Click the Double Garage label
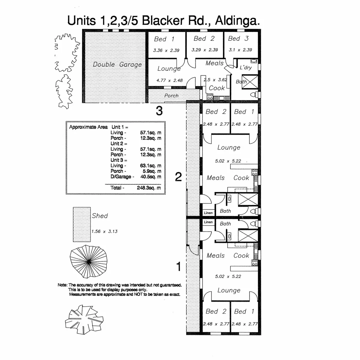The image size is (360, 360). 117,64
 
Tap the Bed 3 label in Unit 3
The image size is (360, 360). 238,39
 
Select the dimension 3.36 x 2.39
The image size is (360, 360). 166,50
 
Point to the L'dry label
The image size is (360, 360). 246,67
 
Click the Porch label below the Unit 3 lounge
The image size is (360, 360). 171,96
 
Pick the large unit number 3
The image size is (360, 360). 159,111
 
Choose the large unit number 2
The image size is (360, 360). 178,177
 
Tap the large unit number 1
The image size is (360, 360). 179,266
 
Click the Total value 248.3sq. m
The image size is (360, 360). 148,188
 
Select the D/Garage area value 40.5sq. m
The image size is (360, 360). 151,177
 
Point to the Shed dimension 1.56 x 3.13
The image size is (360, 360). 104,231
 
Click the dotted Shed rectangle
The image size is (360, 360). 82,224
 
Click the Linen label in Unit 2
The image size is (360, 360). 208,213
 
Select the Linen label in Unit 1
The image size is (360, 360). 208,222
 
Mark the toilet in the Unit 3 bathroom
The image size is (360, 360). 253,95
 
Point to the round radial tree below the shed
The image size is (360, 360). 89,262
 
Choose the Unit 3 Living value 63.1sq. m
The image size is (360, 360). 151,166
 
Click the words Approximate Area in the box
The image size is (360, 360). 88,127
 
